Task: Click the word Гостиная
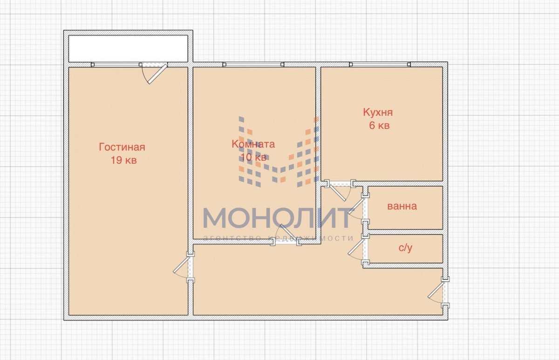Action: [x=122, y=147]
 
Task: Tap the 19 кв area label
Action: [x=124, y=160]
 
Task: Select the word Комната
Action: [x=253, y=144]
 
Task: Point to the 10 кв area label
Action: [x=253, y=157]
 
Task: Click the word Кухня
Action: [x=378, y=113]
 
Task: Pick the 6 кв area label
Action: [x=379, y=125]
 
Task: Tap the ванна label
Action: [x=402, y=206]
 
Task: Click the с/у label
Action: [x=405, y=248]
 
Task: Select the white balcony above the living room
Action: [x=128, y=48]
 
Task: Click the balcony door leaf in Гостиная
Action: [x=157, y=74]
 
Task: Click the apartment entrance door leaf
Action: [x=436, y=290]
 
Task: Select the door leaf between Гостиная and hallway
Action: [x=181, y=265]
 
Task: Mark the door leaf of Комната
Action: [x=288, y=232]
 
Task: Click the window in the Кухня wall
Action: [x=380, y=64]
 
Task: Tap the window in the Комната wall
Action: [x=253, y=65]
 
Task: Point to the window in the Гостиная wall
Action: [x=116, y=65]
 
